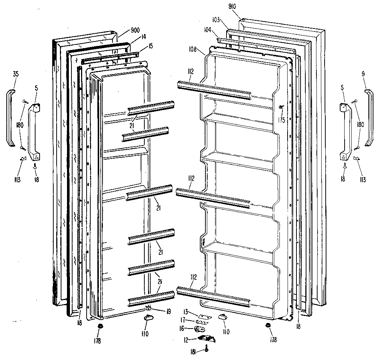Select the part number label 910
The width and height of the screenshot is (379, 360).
pyautogui.click(x=232, y=7)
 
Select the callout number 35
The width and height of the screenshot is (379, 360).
pyautogui.click(x=15, y=74)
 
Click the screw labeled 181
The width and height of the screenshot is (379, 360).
pyautogui.click(x=207, y=347)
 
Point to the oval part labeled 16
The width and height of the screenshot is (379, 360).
pyautogui.click(x=200, y=328)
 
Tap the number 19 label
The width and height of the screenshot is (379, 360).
pyautogui.click(x=168, y=312)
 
